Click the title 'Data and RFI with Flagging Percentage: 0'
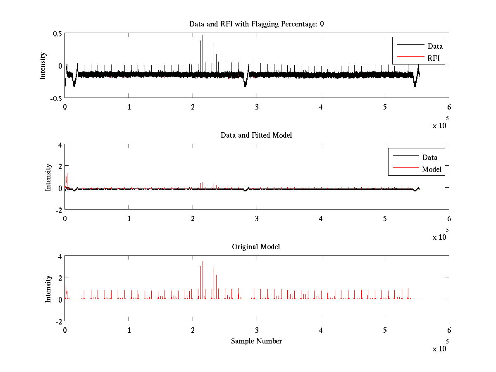click(256, 24)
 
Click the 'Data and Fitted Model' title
click(256, 135)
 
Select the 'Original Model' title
click(256, 247)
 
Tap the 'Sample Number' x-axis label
click(256, 341)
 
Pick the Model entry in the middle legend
click(432, 169)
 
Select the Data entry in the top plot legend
click(435, 46)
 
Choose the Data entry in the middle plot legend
click(429, 157)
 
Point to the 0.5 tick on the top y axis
click(57, 33)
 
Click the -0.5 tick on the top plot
click(56, 98)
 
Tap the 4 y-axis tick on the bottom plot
click(60, 256)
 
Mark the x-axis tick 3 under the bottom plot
click(257, 330)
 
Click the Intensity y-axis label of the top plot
click(43, 66)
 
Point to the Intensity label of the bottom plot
click(48, 289)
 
